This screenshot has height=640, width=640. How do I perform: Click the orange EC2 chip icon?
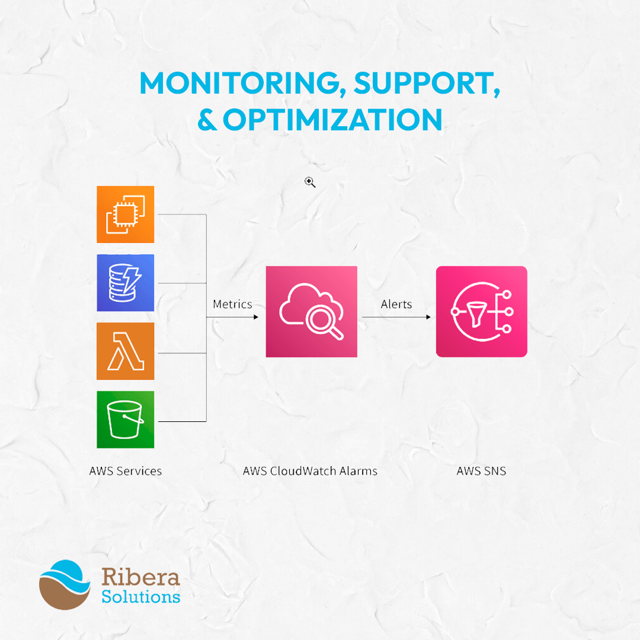pos(125,215)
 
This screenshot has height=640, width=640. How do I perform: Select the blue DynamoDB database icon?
pos(125,283)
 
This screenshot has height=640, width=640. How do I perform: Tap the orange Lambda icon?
pos(125,351)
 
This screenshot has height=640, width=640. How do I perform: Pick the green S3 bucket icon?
pos(125,420)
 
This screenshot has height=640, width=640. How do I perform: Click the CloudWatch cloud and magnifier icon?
pos(312,312)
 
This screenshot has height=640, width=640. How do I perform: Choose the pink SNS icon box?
pos(482,312)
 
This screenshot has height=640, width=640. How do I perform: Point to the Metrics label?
pos(233,304)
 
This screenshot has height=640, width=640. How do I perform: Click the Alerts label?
pos(396,304)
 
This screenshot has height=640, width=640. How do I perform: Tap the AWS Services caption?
pos(126,471)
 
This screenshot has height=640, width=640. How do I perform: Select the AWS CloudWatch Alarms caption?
pos(310,471)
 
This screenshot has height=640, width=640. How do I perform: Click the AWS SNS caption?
pos(481,471)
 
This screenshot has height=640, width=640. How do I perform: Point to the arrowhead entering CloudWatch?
pos(256,317)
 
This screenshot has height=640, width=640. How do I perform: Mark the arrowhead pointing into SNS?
pos(428,317)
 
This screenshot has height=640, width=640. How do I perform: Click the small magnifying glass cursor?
pos(310,183)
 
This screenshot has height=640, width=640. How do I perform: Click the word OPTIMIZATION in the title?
pos(332,120)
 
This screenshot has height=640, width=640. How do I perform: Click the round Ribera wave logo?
pos(65,585)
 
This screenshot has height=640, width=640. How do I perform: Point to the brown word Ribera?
pos(141,577)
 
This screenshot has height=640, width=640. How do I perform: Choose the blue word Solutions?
pos(141,597)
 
